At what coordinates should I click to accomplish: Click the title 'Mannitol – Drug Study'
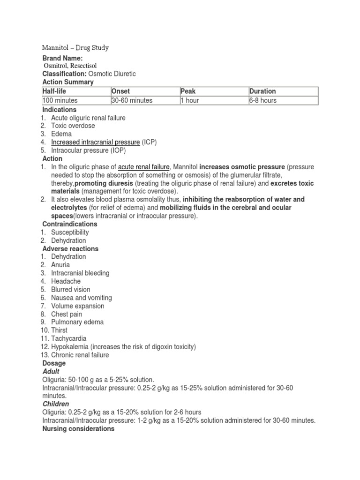[75, 48]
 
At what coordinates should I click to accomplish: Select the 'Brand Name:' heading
[62, 58]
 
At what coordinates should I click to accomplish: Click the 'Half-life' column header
[55, 91]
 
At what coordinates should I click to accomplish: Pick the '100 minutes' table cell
[60, 100]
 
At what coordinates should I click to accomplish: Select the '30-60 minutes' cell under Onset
[132, 100]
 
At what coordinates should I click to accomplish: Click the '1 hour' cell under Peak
[190, 100]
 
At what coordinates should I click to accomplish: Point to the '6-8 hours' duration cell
[263, 100]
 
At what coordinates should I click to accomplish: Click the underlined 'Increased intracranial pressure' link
[96, 142]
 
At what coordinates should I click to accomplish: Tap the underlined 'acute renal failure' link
[143, 167]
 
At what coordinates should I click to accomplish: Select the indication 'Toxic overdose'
[73, 126]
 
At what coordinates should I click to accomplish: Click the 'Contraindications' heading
[70, 224]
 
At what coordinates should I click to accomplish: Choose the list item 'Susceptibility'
[70, 232]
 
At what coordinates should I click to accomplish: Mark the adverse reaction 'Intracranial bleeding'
[80, 273]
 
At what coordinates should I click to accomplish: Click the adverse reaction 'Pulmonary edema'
[77, 322]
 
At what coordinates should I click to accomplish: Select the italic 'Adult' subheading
[51, 371]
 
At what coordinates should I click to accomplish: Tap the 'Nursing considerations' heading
[78, 428]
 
